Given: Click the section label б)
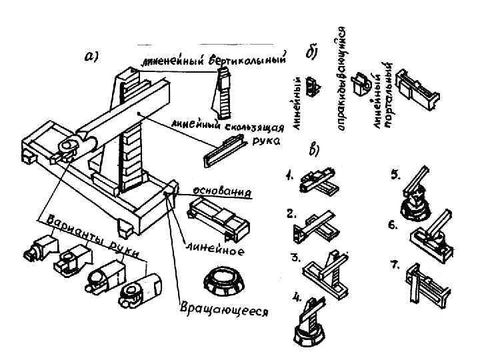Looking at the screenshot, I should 311,53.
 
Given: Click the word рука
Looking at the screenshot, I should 261,141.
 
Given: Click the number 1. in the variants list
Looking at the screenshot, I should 290,178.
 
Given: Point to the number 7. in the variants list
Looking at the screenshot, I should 395,265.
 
